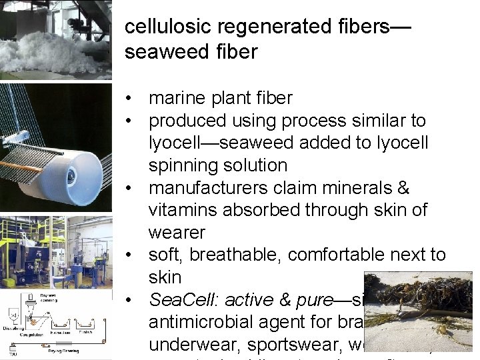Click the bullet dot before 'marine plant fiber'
click(135, 99)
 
